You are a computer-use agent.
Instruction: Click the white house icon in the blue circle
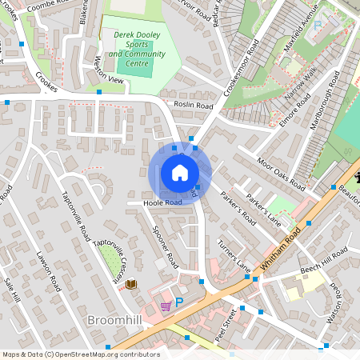click(180, 173)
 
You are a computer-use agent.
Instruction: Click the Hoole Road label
click(162, 203)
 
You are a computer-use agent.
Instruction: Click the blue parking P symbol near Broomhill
click(179, 302)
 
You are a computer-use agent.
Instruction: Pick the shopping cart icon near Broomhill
click(166, 305)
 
